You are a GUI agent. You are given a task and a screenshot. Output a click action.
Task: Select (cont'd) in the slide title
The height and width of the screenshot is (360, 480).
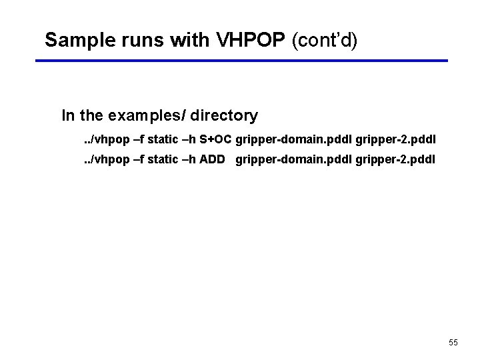[x=325, y=41]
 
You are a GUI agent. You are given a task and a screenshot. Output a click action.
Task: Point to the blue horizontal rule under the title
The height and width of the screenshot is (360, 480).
[x=241, y=61]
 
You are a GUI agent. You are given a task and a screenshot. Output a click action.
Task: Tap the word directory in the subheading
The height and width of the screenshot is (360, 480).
[x=224, y=116]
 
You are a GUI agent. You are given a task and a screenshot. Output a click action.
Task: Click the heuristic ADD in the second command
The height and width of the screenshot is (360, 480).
[x=213, y=159]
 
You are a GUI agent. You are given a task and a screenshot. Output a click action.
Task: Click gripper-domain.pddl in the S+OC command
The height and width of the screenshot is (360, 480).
[x=294, y=139]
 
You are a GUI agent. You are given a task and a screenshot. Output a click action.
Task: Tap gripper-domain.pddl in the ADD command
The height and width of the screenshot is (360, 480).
[x=294, y=159]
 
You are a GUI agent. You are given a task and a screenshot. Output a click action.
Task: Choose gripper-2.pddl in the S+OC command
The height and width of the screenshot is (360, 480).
[x=395, y=139]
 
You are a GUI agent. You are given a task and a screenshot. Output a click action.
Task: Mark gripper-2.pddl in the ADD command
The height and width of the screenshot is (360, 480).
[x=395, y=159]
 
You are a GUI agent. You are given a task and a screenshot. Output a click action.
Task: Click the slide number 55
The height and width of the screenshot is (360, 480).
[x=453, y=343]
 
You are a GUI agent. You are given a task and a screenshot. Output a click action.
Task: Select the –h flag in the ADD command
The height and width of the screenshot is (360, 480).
[x=189, y=159]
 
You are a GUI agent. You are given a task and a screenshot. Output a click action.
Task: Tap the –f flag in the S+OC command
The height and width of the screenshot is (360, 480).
[x=139, y=139]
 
